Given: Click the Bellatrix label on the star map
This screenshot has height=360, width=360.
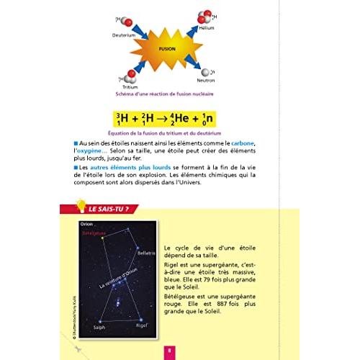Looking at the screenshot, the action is coord(145,253).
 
